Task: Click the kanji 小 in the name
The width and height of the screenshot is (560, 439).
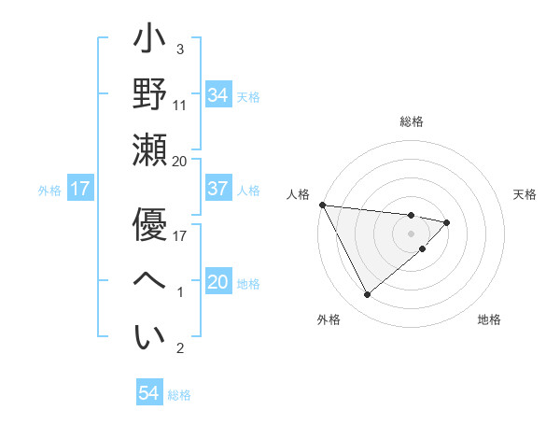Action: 148,43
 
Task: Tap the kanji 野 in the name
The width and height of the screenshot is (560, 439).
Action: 148,96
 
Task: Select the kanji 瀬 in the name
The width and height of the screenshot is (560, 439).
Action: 148,149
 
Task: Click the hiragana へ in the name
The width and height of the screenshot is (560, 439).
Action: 148,281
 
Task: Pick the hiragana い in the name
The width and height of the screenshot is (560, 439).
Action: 148,337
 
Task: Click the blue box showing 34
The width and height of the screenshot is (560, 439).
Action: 218,95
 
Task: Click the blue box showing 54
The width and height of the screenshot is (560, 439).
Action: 148,394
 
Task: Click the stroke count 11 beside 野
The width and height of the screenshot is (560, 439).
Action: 181,106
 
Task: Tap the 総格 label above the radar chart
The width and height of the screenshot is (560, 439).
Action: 412,121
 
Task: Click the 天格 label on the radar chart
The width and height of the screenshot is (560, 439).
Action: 525,194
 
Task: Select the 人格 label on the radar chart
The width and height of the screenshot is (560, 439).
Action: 298,194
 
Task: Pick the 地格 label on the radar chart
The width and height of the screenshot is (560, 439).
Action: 489,320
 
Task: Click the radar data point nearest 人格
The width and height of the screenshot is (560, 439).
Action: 321,204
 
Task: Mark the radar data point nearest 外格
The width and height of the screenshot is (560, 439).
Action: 367,295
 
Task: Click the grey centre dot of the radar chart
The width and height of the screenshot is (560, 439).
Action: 412,233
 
